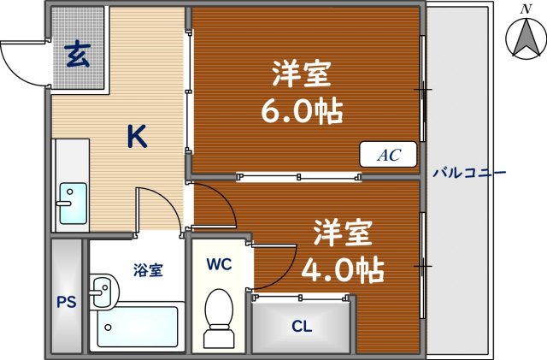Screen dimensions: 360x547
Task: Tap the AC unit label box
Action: [x=389, y=155]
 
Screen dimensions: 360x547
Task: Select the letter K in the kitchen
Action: [x=137, y=136]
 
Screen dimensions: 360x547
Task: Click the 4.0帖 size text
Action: [x=343, y=269]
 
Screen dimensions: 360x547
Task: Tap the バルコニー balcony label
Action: [x=468, y=173]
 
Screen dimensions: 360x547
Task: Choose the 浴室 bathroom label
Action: [x=148, y=270]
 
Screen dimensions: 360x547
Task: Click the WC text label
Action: [x=220, y=265]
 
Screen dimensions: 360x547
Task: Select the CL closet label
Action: [x=301, y=326]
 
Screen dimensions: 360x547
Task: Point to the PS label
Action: [x=66, y=301]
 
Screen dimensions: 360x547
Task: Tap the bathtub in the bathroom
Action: [x=137, y=328]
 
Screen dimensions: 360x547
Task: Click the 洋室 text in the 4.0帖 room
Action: [x=341, y=232]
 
